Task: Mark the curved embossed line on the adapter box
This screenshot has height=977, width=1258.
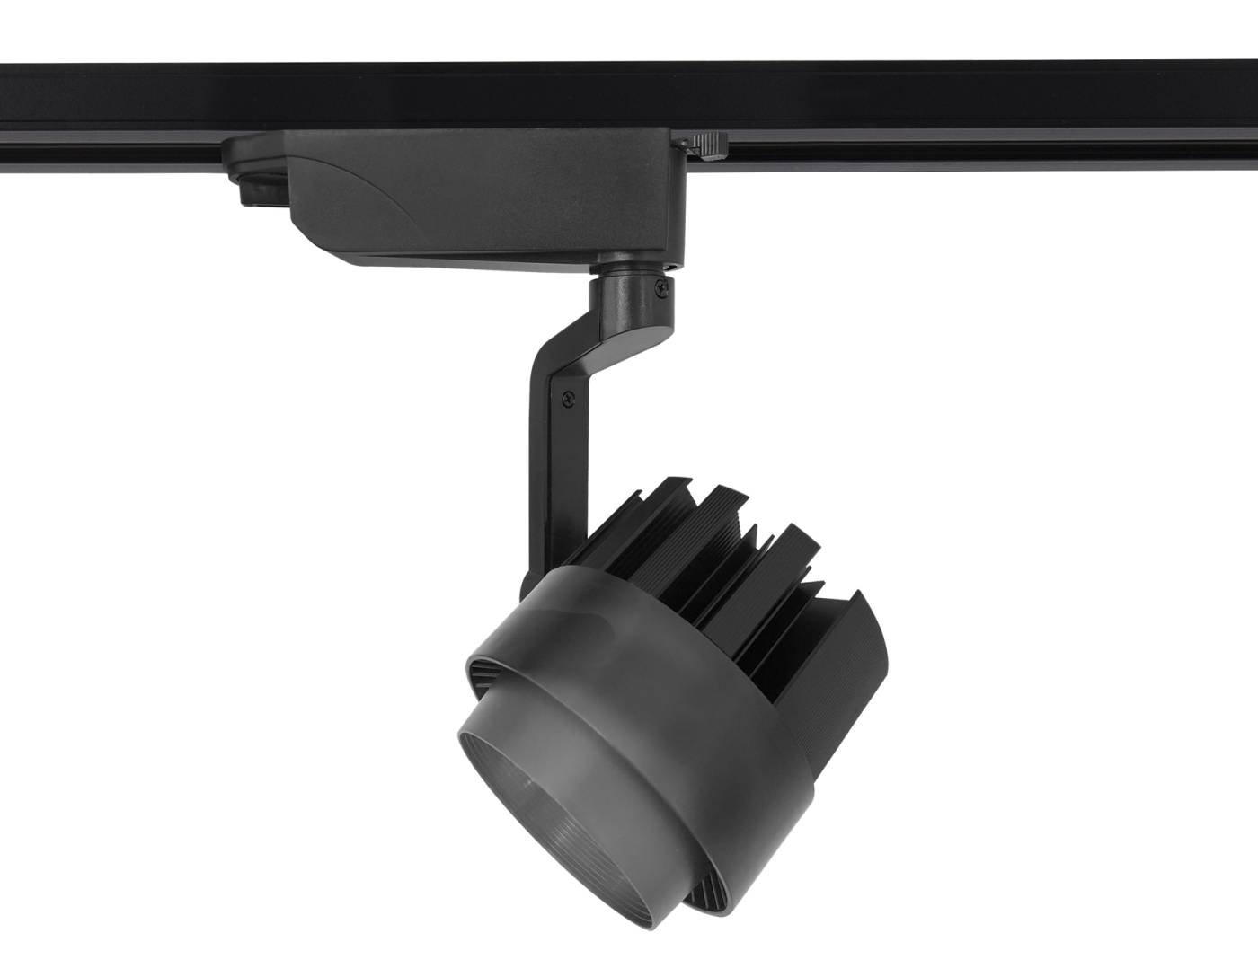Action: coord(359,180)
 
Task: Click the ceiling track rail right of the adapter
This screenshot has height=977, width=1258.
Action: coord(988,117)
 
